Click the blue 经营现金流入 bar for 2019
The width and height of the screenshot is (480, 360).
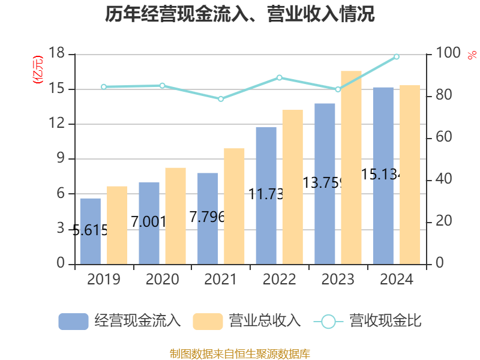click(x=90, y=231)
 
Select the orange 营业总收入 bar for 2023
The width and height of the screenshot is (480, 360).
click(x=351, y=167)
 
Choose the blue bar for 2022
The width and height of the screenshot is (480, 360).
click(x=266, y=195)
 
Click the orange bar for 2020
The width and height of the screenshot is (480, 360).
click(x=175, y=215)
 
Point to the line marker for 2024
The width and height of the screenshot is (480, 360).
click(x=397, y=57)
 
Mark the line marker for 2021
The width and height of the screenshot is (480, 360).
click(x=220, y=99)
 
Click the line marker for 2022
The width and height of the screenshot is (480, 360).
click(x=279, y=77)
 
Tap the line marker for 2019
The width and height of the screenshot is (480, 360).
click(x=103, y=87)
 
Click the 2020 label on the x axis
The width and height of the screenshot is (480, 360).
click(x=162, y=280)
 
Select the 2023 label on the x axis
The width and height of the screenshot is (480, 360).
click(x=338, y=280)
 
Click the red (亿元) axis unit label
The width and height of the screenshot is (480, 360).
click(x=37, y=70)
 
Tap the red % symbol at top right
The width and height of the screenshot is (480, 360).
click(x=471, y=55)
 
